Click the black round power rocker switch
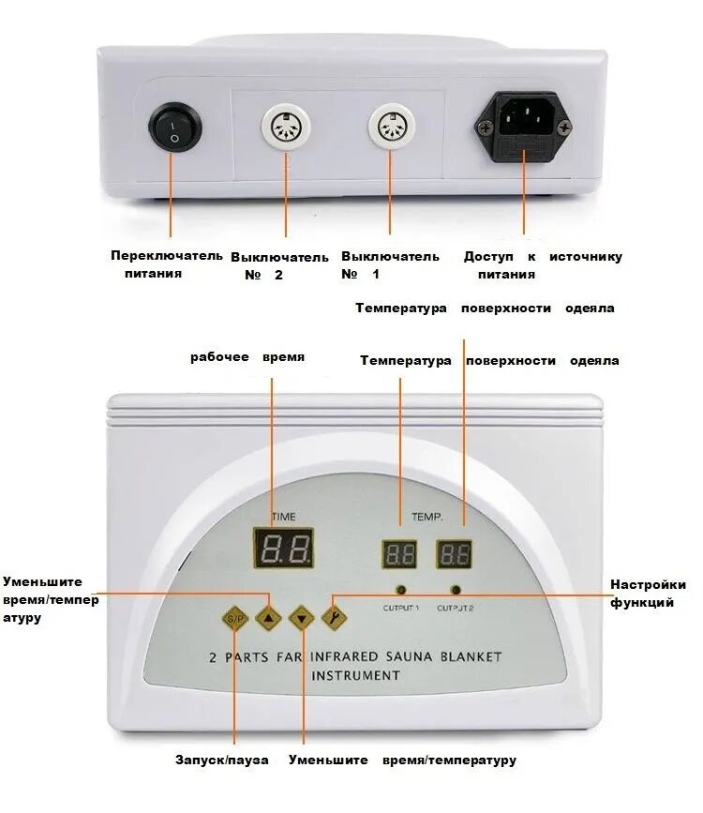tap(175, 127)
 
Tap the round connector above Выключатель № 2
tap(286, 128)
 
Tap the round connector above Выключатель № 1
tap(392, 127)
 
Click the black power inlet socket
tap(524, 127)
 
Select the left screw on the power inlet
tap(486, 127)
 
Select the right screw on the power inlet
tap(563, 126)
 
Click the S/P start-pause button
tap(235, 619)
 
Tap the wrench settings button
tap(335, 617)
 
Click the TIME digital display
tap(284, 548)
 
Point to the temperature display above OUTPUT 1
tap(399, 554)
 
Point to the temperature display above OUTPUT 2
tap(455, 554)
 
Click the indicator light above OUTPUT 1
tap(401, 590)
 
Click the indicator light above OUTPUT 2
tap(456, 590)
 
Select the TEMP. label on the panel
tap(427, 517)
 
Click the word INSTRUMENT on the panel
tap(355, 675)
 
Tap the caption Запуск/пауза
tap(222, 760)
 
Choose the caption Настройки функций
tap(648, 594)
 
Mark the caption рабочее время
tap(247, 357)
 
